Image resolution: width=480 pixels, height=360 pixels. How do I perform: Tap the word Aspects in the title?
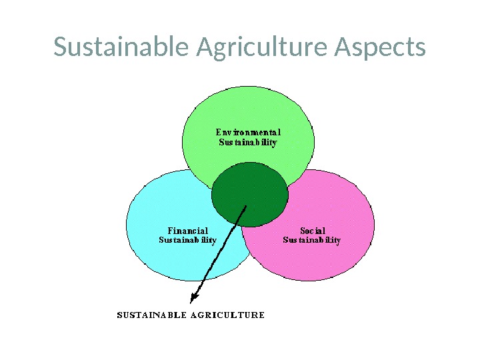[380, 48]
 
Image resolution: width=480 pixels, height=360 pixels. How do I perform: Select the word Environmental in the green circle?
[248, 132]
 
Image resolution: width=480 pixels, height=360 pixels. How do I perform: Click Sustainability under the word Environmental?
[248, 142]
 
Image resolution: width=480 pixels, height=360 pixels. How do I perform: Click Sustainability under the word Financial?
[188, 240]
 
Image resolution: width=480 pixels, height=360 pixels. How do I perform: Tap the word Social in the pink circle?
[312, 231]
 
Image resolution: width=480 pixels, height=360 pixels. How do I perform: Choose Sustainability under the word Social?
[312, 240]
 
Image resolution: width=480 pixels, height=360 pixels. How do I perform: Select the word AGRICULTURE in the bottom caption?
[228, 315]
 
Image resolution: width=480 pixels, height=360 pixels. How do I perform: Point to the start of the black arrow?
[247, 206]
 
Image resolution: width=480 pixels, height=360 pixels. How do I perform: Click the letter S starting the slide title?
[60, 48]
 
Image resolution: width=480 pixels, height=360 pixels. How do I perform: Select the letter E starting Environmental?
[218, 132]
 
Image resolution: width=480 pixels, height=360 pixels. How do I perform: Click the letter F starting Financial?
[170, 231]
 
